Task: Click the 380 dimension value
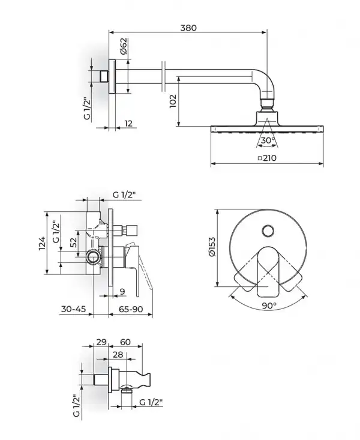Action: [188, 28]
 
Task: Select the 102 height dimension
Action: [173, 101]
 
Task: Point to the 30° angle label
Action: [268, 140]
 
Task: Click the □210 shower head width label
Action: [267, 158]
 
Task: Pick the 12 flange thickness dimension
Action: [128, 124]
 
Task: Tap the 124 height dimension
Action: [42, 243]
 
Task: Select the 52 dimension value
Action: [73, 243]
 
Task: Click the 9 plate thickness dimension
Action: [122, 292]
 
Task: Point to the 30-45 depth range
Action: [74, 309]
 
